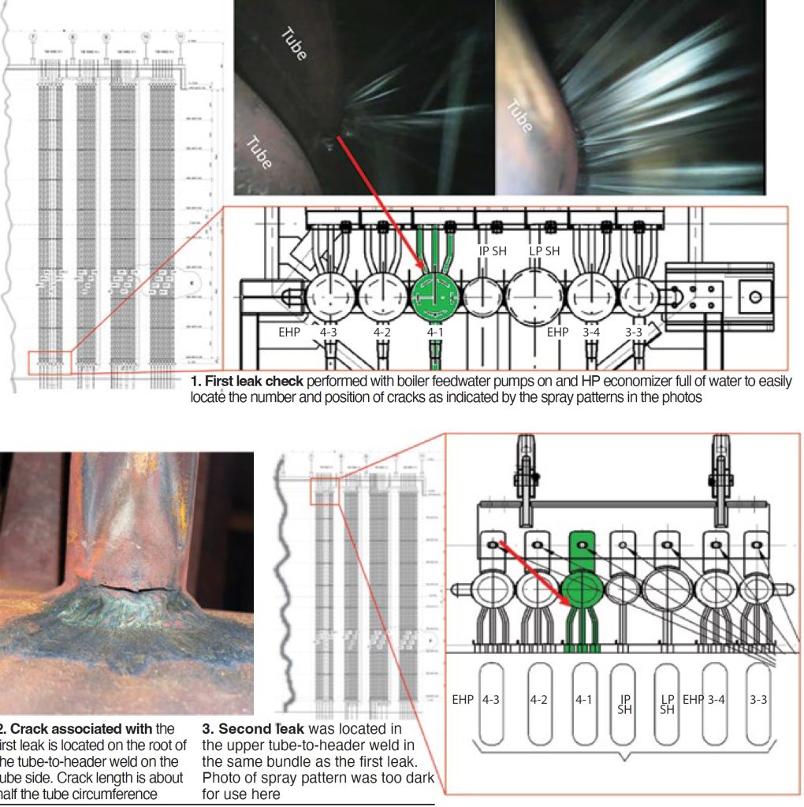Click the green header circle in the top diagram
tap(435, 297)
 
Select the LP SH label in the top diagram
tap(544, 251)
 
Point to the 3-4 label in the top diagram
tap(590, 333)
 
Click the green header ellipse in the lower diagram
tap(583, 593)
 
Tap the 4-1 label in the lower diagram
tap(583, 699)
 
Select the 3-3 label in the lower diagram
tap(758, 699)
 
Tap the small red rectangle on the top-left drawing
tap(50, 363)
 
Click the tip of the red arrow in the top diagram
tap(426, 269)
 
